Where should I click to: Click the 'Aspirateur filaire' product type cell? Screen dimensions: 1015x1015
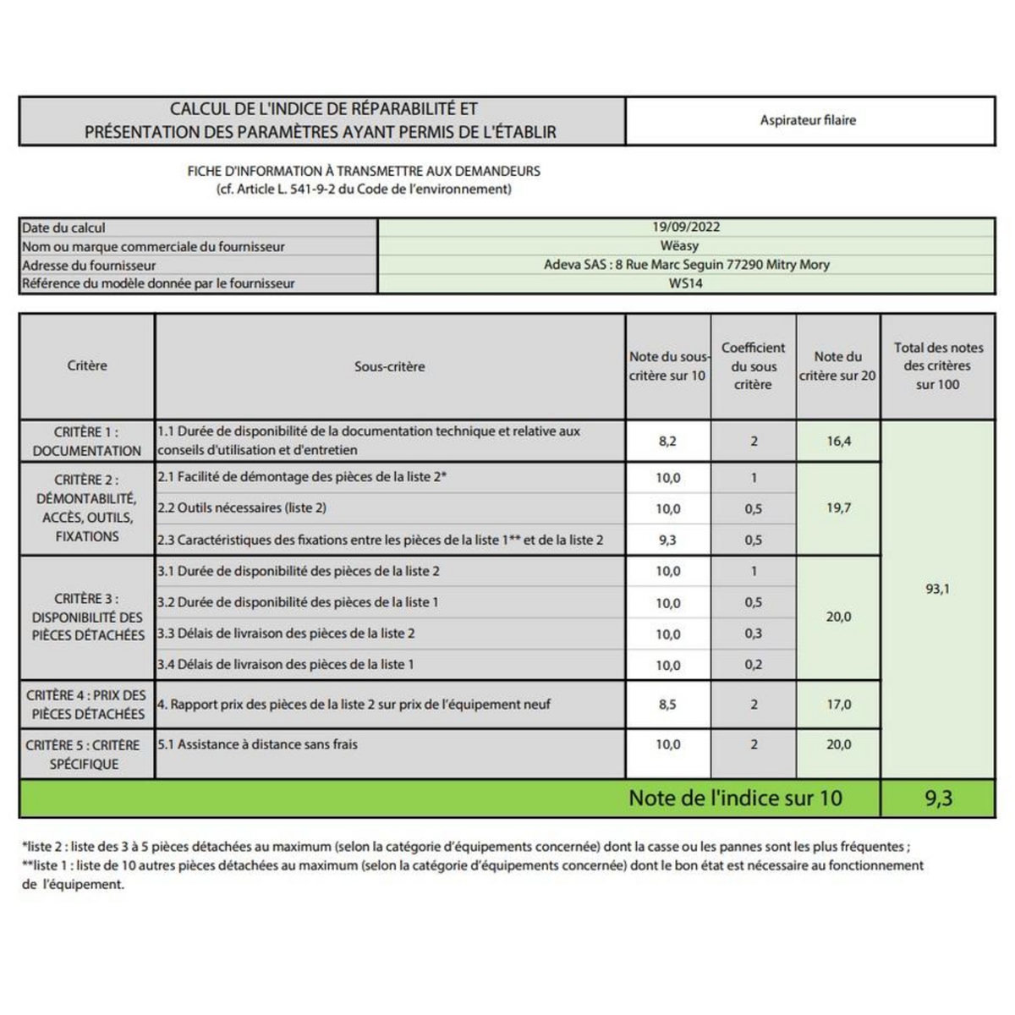[x=808, y=120]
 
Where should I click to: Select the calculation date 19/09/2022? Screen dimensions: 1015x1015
[x=686, y=227]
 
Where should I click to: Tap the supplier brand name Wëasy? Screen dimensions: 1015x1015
[x=685, y=246]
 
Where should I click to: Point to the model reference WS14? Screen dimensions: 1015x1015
[x=685, y=283]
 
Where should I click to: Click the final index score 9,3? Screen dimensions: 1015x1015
[x=938, y=798]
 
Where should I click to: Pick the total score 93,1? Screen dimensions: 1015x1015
[x=937, y=589]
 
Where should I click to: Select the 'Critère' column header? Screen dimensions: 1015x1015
[x=87, y=365]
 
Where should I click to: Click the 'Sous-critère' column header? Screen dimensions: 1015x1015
[x=389, y=366]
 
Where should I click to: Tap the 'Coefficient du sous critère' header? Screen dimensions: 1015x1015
[x=753, y=365]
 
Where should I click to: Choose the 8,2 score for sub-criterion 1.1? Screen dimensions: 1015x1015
[x=667, y=441]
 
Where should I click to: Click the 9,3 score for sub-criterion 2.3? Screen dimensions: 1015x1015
[x=667, y=540]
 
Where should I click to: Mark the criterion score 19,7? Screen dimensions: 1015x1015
[x=838, y=507]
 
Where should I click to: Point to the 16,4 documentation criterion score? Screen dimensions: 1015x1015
[x=838, y=441]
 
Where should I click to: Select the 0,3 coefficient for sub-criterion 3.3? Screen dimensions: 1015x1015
[x=753, y=634]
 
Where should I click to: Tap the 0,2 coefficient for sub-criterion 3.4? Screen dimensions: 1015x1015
[x=753, y=665]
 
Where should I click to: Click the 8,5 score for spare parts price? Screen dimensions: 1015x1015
[x=667, y=704]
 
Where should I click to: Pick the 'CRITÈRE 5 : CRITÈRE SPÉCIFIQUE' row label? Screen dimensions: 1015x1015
[x=83, y=754]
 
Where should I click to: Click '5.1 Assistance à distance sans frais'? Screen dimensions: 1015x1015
[x=257, y=744]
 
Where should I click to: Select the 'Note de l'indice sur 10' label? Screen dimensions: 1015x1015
[x=735, y=798]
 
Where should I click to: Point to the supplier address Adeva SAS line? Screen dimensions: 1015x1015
[x=686, y=265]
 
